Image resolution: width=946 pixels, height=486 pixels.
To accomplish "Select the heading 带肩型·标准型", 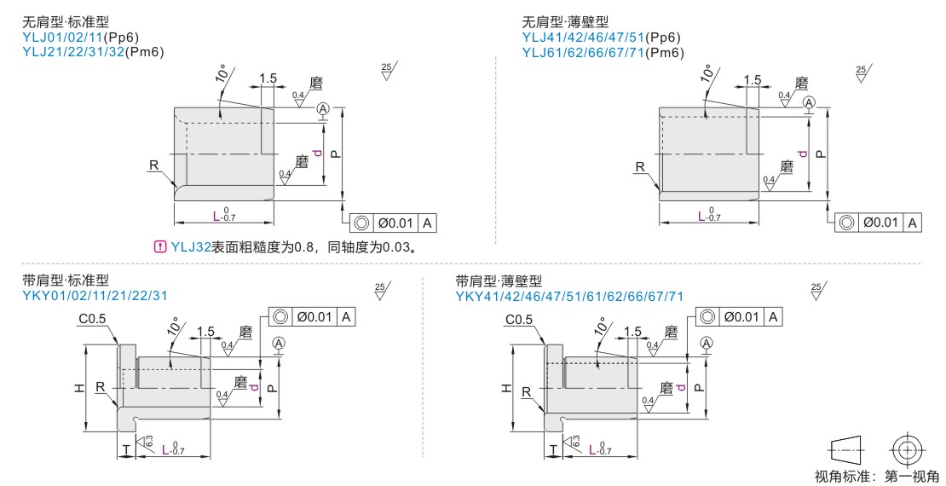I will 66,281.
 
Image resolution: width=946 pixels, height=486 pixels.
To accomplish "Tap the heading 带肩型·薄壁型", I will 499,281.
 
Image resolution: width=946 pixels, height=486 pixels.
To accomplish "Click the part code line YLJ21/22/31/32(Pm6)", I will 93,52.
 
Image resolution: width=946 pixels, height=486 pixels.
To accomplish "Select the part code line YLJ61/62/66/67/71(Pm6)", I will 603,52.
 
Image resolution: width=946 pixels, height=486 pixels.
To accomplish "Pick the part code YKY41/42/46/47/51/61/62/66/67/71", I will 569,296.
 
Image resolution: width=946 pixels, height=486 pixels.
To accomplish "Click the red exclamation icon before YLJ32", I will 159,247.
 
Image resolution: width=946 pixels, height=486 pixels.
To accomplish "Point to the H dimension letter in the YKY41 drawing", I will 505,388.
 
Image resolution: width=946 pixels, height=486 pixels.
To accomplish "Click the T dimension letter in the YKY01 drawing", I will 126,448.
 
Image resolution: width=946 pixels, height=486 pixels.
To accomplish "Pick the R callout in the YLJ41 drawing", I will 639,167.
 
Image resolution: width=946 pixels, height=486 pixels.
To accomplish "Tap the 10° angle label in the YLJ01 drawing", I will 224,74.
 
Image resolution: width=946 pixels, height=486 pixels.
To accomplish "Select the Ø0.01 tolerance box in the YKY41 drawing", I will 739,316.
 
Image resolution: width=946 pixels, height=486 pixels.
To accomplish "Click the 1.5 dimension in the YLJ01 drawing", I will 268,78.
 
